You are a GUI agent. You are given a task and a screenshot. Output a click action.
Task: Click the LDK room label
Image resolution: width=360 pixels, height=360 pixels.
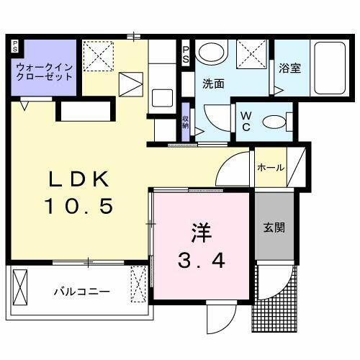(x=80, y=179)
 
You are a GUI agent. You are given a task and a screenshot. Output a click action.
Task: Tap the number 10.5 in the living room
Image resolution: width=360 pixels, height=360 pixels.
(x=80, y=207)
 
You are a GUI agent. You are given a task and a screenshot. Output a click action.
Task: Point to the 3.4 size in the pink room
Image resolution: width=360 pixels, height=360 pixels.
(x=202, y=258)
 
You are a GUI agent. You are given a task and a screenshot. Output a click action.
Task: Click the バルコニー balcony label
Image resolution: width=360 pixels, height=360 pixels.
(x=81, y=292)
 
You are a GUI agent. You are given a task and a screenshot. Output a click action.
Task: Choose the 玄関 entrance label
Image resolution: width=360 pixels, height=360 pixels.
(x=274, y=228)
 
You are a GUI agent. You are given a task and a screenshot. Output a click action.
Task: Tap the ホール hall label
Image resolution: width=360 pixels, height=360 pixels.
(x=271, y=168)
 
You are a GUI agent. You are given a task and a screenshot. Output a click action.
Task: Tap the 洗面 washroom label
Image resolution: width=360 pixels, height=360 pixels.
(x=213, y=83)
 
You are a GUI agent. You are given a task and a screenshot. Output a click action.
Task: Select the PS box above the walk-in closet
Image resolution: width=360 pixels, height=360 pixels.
(x=15, y=46)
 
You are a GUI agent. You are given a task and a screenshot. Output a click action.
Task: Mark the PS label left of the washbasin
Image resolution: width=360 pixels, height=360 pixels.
(x=186, y=53)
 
